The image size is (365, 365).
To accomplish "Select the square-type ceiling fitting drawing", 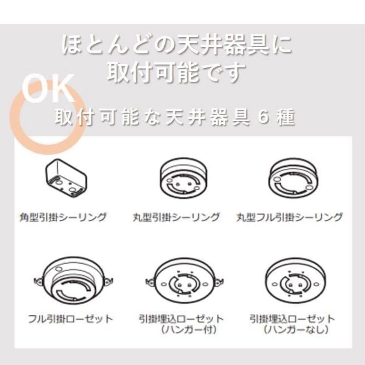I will pyautogui.click(x=67, y=178).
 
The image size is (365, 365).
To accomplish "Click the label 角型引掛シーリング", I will pyautogui.click(x=63, y=217).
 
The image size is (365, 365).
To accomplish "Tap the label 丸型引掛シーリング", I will pyautogui.click(x=176, y=217).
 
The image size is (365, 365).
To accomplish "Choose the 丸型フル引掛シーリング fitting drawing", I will pyautogui.click(x=293, y=178).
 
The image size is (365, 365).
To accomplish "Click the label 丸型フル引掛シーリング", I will pyautogui.click(x=289, y=217).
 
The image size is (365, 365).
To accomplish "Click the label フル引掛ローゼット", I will pyautogui.click(x=70, y=318).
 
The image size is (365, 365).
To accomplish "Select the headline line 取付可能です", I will pyautogui.click(x=176, y=72).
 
